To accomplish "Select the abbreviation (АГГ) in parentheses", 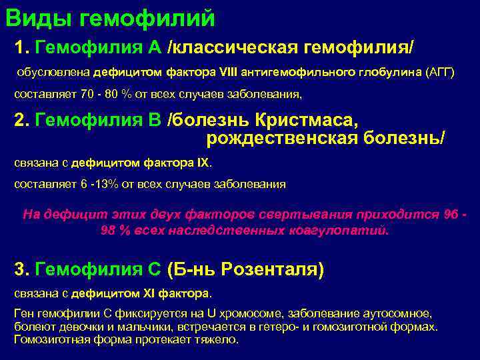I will (x=440, y=72).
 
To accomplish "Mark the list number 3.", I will (x=20, y=269).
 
